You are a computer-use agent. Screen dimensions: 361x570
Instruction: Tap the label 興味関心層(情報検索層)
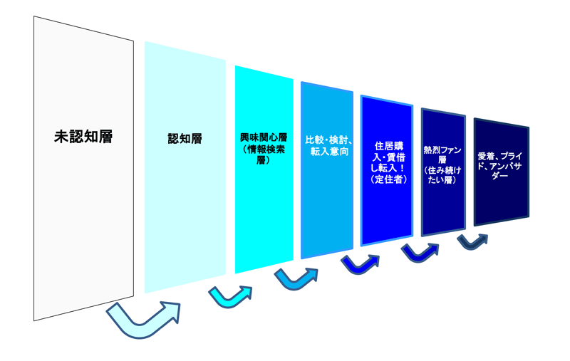click(x=264, y=147)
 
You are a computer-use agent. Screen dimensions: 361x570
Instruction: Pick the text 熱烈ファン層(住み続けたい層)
click(x=442, y=164)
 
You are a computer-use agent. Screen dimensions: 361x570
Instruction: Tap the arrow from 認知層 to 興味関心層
click(x=229, y=295)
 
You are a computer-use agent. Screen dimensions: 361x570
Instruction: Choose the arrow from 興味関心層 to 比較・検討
click(x=295, y=278)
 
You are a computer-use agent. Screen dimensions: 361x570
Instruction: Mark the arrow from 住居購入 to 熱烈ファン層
click(x=420, y=251)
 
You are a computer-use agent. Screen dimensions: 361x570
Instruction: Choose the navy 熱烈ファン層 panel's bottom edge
click(x=443, y=231)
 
